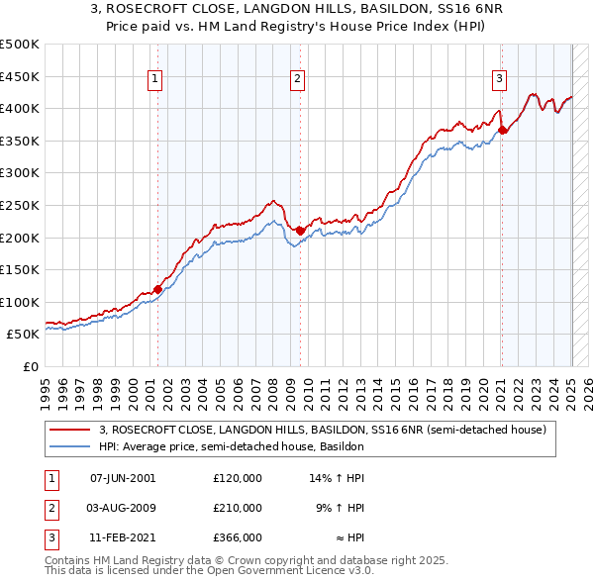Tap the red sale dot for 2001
157,289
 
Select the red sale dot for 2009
300,231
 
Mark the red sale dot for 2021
503,130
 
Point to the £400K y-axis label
21,108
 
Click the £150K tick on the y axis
21,269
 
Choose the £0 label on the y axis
30,366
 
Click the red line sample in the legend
70,430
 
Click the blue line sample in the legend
70,446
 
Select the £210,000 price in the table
238,508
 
